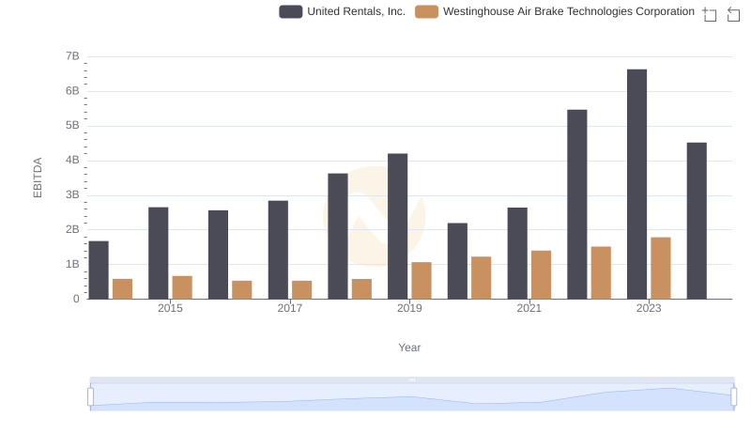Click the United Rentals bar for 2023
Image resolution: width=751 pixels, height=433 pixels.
636,184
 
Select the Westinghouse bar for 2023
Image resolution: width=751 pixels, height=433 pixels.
661,268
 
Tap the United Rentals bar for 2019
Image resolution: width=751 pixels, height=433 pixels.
397,226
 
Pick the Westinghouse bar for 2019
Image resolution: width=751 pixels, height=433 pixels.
421,280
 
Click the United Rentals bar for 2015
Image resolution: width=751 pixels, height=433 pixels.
158,253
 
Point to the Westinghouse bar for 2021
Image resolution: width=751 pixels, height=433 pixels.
541,274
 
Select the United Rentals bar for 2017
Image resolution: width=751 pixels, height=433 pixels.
278,250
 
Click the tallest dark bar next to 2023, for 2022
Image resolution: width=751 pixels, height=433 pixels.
576,204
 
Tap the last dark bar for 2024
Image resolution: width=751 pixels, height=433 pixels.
697,221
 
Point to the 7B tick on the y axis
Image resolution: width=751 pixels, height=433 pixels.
72,56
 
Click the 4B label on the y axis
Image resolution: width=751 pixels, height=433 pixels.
72,161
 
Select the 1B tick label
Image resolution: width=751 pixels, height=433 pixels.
72,264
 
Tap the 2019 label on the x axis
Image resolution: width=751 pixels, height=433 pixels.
409,308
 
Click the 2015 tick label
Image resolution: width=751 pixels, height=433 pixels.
170,308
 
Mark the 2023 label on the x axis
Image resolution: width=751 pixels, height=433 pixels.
649,308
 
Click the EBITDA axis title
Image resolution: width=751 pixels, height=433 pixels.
38,178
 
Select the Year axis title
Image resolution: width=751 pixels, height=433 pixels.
409,348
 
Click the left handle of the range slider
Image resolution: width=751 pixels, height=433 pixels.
91,396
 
